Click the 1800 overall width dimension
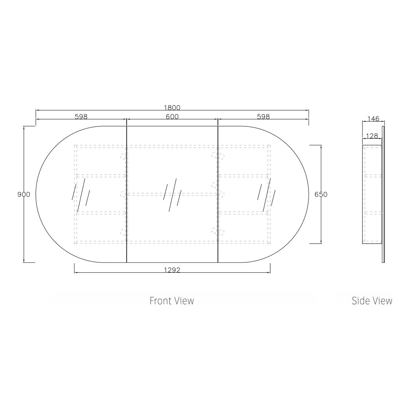coord(172,108)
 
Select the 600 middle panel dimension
coord(172,117)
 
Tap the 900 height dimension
coord(24,194)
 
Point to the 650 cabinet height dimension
coord(321,194)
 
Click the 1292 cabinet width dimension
coord(172,270)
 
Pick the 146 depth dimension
coord(373,119)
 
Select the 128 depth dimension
coord(372,136)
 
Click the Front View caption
coord(172,301)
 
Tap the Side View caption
coord(372,301)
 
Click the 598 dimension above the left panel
coord(81,117)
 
